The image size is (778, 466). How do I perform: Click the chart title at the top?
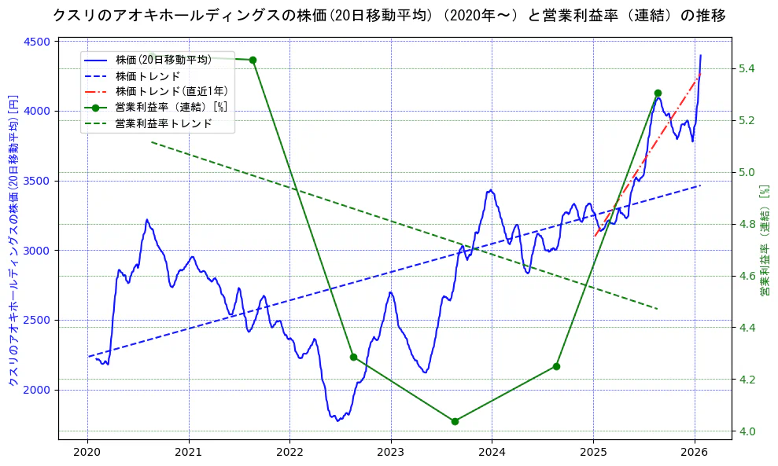click(x=389, y=15)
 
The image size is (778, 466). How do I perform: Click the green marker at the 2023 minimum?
click(x=455, y=421)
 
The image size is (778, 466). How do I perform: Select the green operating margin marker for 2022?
click(x=353, y=357)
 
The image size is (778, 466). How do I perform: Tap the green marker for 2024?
click(x=556, y=366)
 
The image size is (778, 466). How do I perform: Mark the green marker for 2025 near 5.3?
click(x=658, y=94)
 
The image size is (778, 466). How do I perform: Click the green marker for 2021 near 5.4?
click(x=253, y=61)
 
